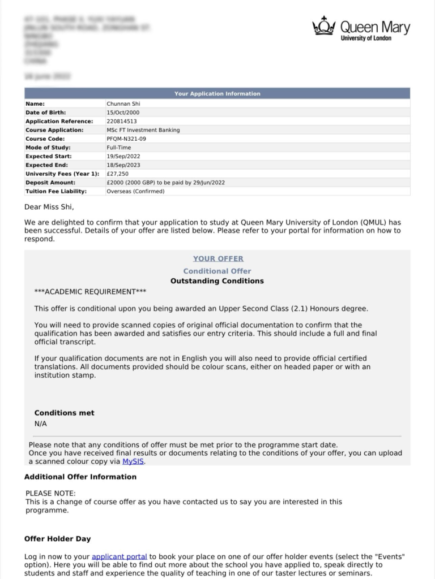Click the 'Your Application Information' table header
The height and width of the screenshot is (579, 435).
[217, 94]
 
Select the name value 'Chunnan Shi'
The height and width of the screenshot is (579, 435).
[123, 104]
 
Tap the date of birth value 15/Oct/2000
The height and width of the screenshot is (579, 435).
[123, 113]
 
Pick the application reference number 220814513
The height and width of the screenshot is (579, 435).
[122, 122]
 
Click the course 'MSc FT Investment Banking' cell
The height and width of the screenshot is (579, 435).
[143, 130]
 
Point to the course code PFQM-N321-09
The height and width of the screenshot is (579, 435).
[126, 139]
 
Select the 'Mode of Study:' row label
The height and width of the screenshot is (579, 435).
[48, 148]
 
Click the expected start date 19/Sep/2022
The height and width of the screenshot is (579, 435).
[123, 157]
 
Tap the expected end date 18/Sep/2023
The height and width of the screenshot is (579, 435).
[123, 165]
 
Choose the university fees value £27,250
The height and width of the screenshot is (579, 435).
[118, 174]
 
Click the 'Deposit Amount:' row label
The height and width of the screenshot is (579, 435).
[50, 183]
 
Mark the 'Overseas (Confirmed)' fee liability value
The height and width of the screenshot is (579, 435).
[135, 192]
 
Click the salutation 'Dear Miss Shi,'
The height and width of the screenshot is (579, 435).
[49, 207]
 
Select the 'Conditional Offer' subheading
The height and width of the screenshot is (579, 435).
[217, 271]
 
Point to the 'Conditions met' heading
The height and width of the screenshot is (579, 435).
[65, 413]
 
